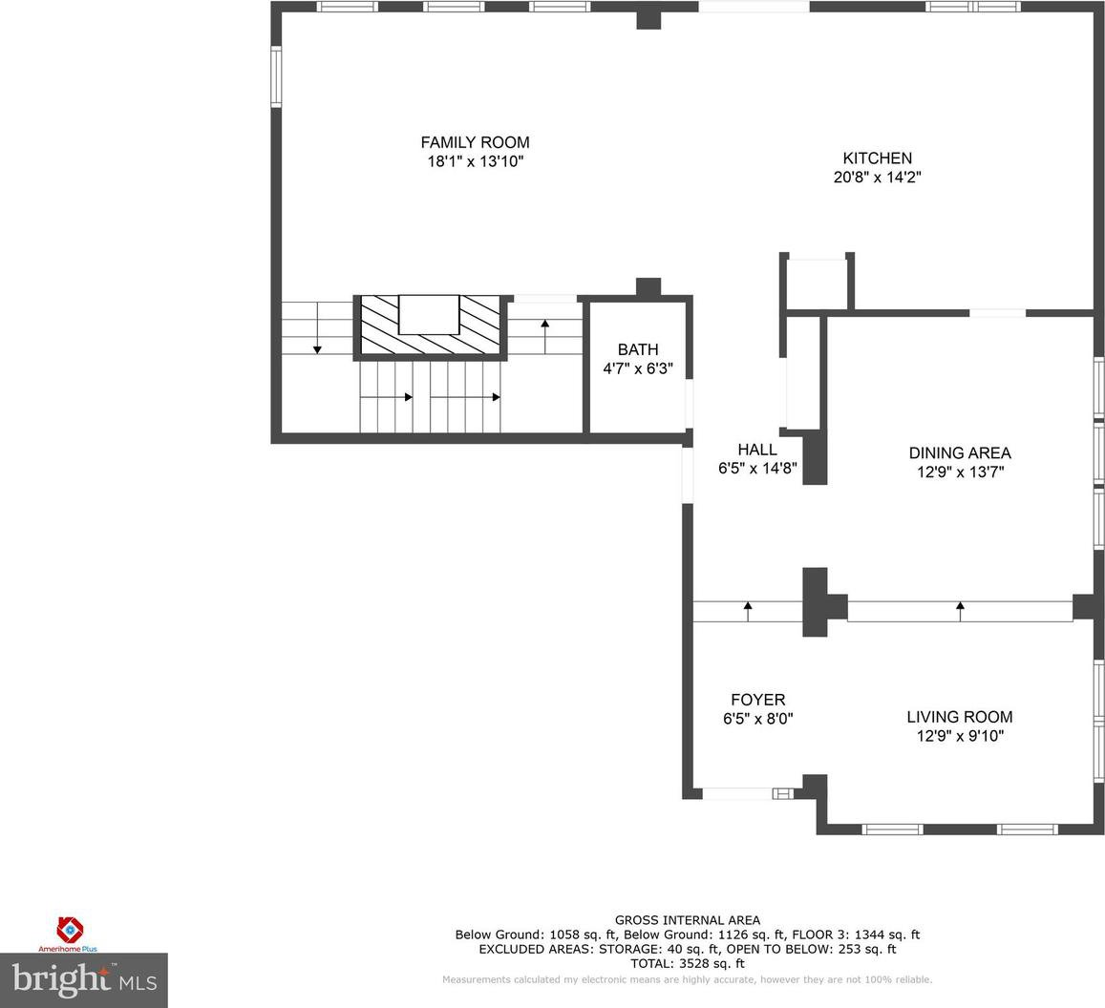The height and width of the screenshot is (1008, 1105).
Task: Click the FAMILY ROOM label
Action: click(x=475, y=142)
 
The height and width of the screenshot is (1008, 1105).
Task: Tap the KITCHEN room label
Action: click(x=878, y=158)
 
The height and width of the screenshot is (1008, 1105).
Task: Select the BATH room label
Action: click(x=638, y=349)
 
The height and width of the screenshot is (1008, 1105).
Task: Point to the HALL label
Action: click(x=757, y=450)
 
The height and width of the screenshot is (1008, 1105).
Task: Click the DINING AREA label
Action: click(x=960, y=452)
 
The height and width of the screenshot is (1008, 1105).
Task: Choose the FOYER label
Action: click(x=757, y=700)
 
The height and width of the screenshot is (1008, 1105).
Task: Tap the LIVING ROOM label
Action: click(x=960, y=717)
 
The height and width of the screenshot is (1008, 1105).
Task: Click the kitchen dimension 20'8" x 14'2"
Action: click(x=878, y=177)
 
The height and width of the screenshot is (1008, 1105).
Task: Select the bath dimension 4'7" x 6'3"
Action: click(x=638, y=367)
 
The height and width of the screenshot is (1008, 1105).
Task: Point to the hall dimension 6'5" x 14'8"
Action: click(x=757, y=468)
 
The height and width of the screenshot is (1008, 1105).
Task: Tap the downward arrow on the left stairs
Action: click(x=317, y=328)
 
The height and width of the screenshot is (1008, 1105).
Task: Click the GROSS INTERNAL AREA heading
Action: click(x=687, y=920)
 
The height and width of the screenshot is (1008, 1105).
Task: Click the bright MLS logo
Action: click(x=84, y=979)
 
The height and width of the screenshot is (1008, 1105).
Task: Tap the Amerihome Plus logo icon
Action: click(x=69, y=929)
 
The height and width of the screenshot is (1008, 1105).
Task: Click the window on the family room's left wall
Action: click(x=276, y=76)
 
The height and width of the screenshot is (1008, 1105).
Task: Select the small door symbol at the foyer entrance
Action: click(x=783, y=794)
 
